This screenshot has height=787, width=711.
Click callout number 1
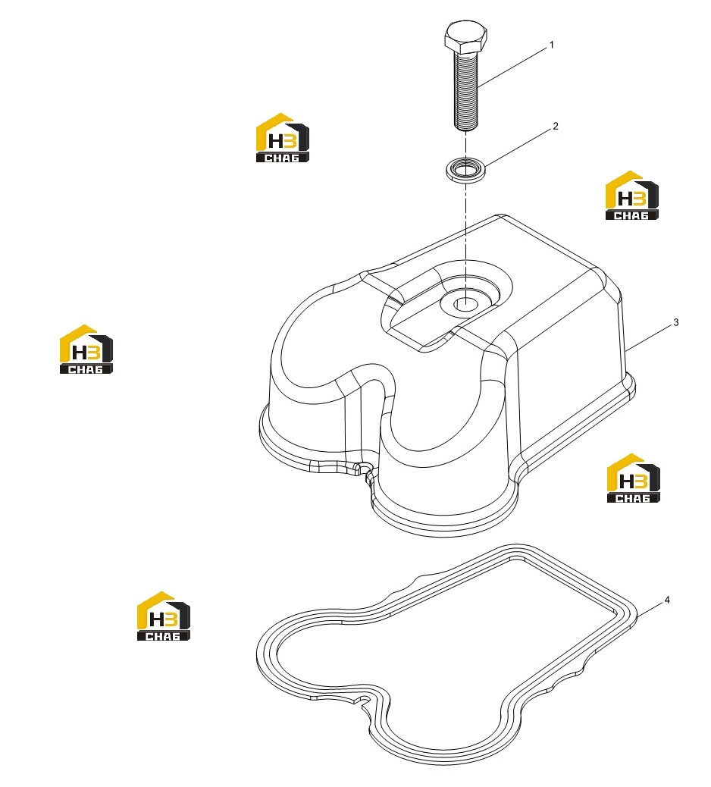[552, 45]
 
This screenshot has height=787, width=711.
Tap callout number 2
[556, 126]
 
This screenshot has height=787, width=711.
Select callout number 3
[676, 322]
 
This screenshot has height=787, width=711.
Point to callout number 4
[667, 600]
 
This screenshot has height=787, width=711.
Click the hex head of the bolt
[465, 36]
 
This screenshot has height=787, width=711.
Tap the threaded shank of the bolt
[466, 91]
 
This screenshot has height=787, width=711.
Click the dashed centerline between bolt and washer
[466, 145]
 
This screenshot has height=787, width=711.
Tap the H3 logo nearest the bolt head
[283, 137]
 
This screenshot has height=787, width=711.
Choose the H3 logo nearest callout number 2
[631, 196]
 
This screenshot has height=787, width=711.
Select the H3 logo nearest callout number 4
[633, 478]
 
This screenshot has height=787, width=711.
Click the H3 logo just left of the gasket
[164, 616]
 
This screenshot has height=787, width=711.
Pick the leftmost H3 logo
[86, 349]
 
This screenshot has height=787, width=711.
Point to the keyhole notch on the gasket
[364, 698]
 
